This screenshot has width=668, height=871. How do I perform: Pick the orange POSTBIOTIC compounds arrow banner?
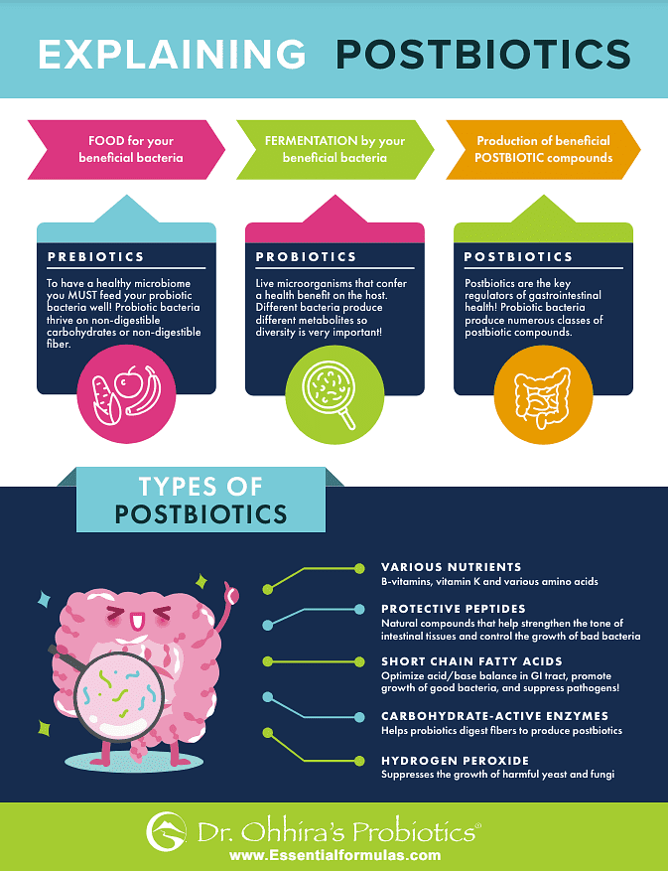542,150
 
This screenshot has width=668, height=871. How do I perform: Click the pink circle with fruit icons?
125,398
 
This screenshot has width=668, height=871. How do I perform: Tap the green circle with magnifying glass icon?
334,398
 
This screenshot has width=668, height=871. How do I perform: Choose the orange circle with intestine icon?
542,398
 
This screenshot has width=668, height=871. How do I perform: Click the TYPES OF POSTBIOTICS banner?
200,500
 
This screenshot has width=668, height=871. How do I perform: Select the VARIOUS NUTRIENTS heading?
451,567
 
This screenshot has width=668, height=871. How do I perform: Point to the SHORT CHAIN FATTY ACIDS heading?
471,661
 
